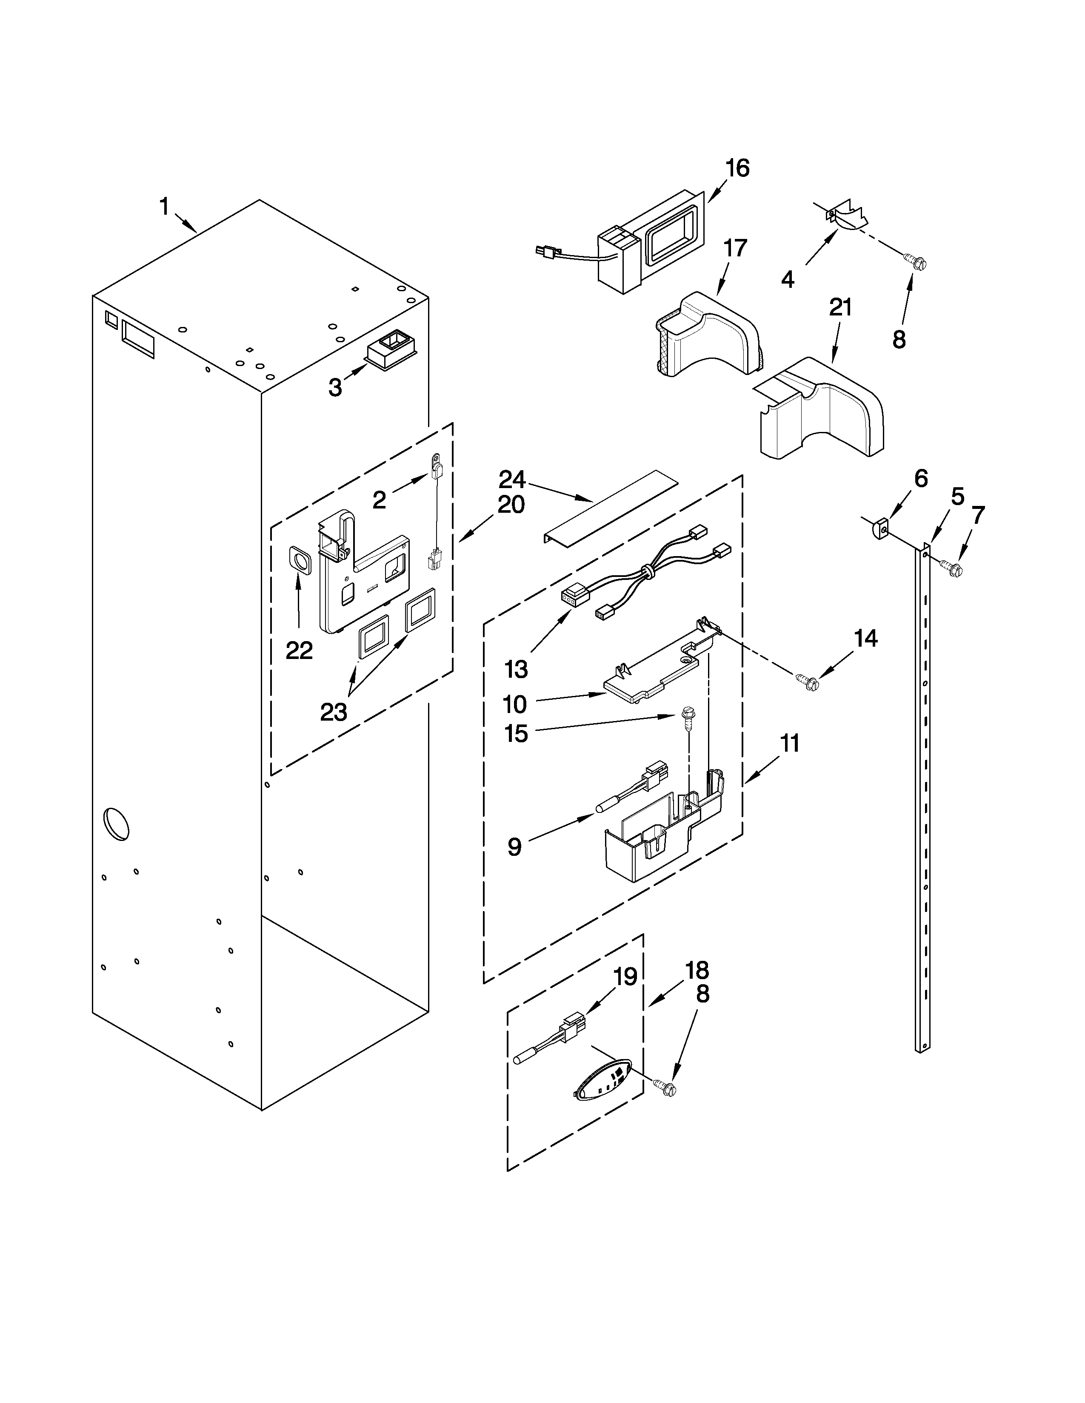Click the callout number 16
pyautogui.click(x=737, y=168)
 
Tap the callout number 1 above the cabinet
pyautogui.click(x=165, y=207)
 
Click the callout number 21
pyautogui.click(x=840, y=308)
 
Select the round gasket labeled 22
pyautogui.click(x=299, y=559)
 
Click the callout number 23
pyautogui.click(x=334, y=712)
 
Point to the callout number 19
pyautogui.click(x=625, y=977)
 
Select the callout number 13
pyautogui.click(x=516, y=669)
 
